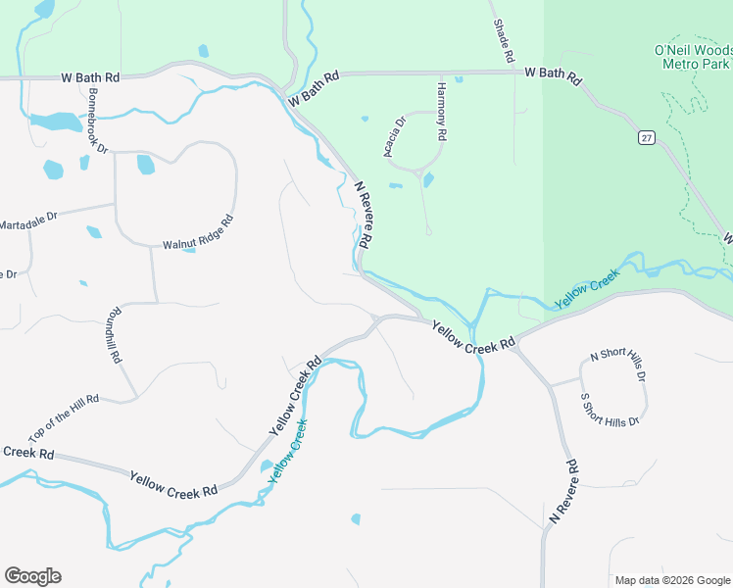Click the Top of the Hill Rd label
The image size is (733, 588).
pos(64,416)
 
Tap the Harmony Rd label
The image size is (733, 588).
pos(441,109)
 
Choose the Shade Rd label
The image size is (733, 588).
pos(502,41)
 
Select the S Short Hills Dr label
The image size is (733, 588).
pos(610,409)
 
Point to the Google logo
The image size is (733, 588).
pos(32,576)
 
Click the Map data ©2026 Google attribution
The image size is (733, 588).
pos(671,580)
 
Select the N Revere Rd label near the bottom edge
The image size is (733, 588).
pos(565,488)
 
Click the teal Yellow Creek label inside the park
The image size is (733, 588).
pos(588,290)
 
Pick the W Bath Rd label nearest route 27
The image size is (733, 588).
pos(553,73)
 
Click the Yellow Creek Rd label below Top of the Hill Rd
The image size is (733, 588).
pos(172,483)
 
